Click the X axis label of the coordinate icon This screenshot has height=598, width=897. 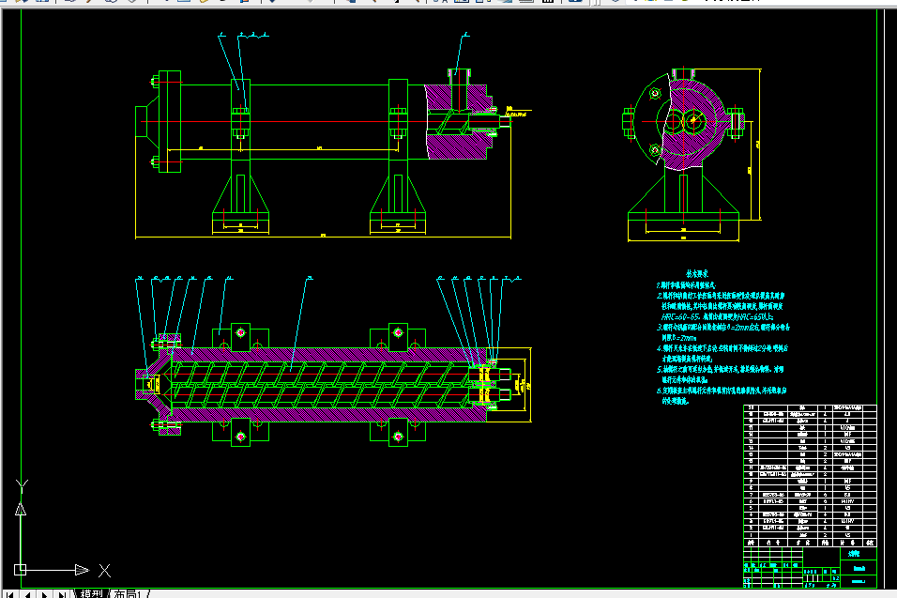pyautogui.click(x=104, y=570)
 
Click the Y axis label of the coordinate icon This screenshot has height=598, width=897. pyautogui.click(x=23, y=484)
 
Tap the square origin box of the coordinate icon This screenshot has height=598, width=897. pyautogui.click(x=20, y=569)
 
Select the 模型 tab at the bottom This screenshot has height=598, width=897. pyautogui.click(x=91, y=593)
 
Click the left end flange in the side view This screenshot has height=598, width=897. pyautogui.click(x=169, y=121)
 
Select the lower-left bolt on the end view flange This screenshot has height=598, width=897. pyautogui.click(x=653, y=147)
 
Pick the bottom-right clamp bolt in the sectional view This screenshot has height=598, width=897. pyautogui.click(x=398, y=437)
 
